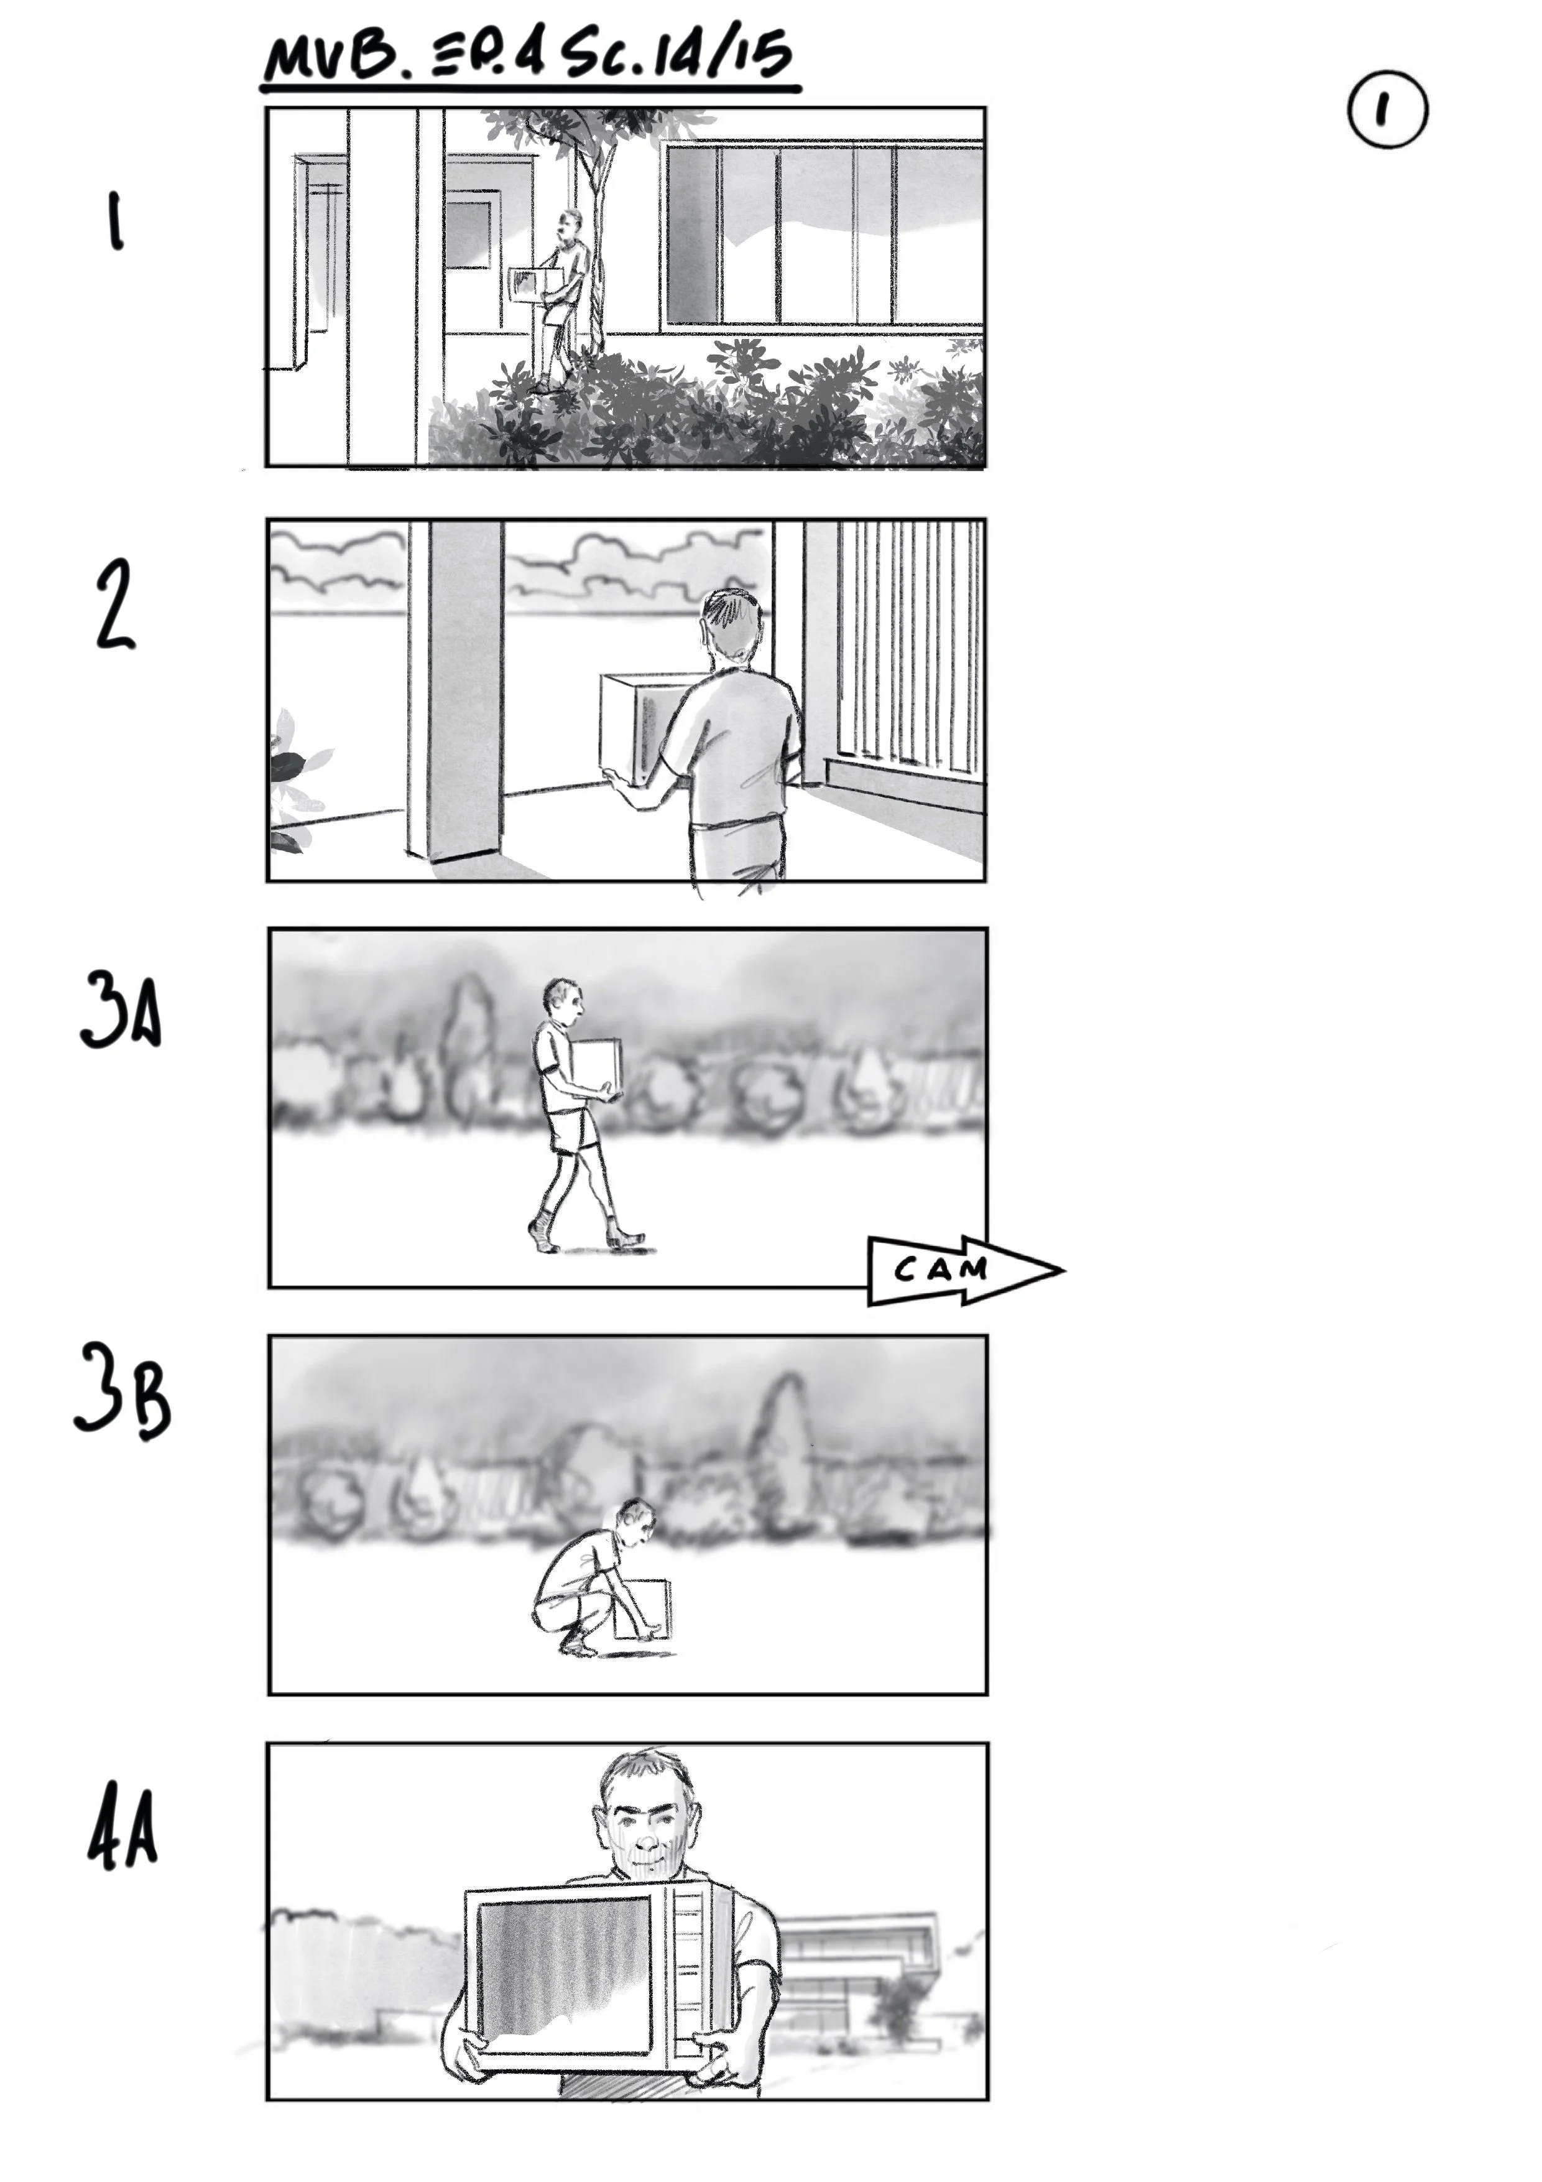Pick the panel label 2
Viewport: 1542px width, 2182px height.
(x=115, y=605)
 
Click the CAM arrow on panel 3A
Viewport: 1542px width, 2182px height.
(x=959, y=1270)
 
